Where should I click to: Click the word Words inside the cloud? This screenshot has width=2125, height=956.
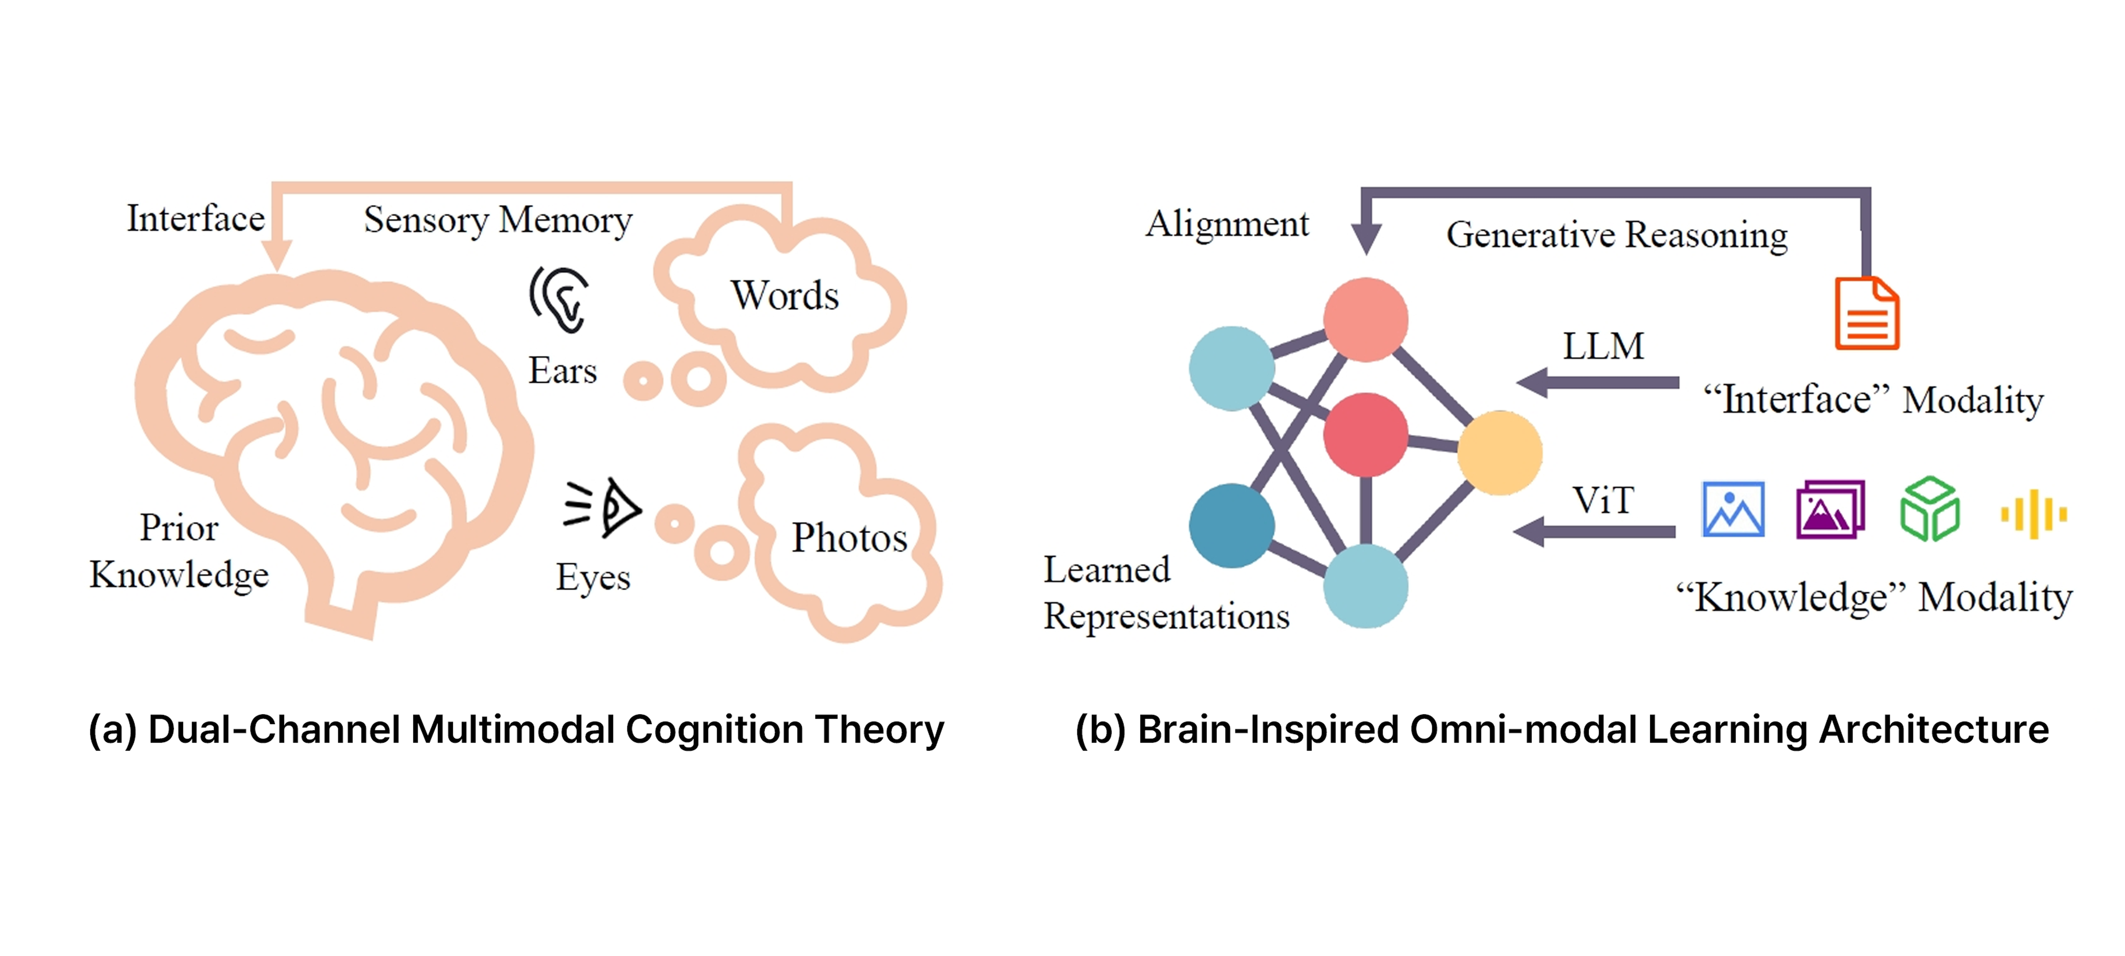[785, 295]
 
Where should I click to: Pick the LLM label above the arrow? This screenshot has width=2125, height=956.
[1603, 347]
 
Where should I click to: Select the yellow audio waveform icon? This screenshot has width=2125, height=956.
[2033, 514]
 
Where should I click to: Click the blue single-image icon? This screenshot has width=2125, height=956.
[1733, 510]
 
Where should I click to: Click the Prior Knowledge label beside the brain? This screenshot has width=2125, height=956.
[179, 551]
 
